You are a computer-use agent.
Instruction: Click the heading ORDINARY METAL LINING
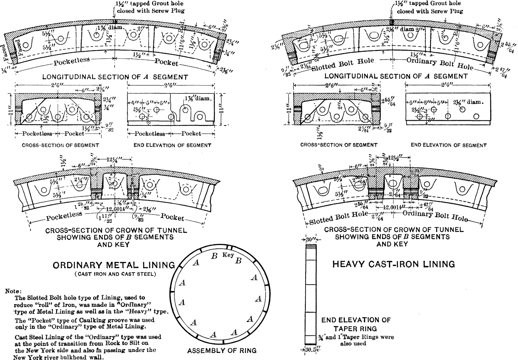tap(114, 265)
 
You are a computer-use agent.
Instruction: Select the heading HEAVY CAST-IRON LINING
tap(393, 264)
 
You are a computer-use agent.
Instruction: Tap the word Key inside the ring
tap(228, 255)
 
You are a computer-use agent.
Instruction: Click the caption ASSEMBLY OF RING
tap(222, 350)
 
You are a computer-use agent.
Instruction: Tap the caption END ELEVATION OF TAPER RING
tap(356, 324)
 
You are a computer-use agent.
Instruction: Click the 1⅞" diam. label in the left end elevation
tap(198, 98)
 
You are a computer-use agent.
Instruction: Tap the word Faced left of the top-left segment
tap(5, 53)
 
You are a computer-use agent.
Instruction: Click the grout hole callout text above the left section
tap(150, 7)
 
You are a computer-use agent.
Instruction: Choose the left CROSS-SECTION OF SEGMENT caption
tap(60, 145)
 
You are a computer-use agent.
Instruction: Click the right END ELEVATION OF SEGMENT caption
tap(448, 145)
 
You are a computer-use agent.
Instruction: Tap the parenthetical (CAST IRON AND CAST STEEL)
tap(116, 274)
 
